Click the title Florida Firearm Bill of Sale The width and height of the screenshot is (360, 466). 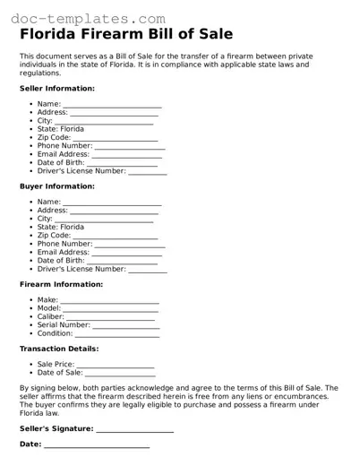(126, 35)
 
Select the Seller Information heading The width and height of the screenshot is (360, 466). (56, 89)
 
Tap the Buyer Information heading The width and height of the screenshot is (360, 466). (56, 186)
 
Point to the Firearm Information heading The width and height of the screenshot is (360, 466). (61, 284)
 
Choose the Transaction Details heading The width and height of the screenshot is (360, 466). (59, 349)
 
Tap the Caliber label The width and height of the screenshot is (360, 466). (51, 316)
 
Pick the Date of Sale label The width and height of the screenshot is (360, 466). (59, 373)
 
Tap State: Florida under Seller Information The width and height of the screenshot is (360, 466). (61, 129)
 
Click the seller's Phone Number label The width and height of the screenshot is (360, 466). (64, 145)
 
